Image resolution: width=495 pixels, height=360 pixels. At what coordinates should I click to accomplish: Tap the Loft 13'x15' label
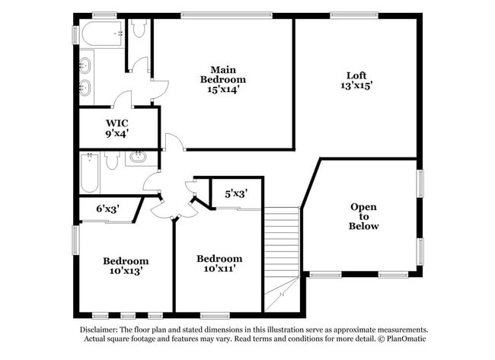(356, 80)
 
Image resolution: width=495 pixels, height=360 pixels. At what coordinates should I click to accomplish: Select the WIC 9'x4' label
(117, 127)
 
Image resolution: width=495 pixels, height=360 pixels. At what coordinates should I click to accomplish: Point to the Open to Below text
(363, 216)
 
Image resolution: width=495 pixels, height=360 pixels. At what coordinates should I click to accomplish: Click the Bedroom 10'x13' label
(126, 265)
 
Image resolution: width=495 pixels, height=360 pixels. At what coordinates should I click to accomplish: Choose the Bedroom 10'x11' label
(219, 263)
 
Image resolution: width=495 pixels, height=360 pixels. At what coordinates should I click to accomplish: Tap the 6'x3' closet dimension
(107, 208)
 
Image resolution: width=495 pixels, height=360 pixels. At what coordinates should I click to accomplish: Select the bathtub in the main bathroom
(101, 33)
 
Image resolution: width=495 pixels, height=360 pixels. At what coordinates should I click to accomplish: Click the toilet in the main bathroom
(139, 29)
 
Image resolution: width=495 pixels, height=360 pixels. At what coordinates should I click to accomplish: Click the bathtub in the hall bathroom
(89, 172)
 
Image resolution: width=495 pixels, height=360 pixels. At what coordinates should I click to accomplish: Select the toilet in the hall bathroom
(112, 160)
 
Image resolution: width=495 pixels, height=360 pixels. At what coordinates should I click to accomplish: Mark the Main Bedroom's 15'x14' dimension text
(223, 90)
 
